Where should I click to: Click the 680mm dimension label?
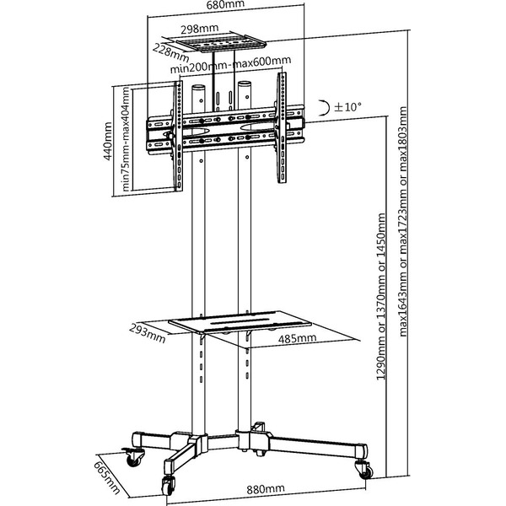[x=225, y=5]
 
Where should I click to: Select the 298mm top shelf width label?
[x=199, y=29]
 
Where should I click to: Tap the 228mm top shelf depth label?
[x=170, y=52]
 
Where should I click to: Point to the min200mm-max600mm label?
[x=230, y=65]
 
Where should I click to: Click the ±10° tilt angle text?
[x=347, y=106]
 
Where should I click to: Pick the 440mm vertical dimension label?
[x=108, y=141]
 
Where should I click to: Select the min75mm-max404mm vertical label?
[x=126, y=139]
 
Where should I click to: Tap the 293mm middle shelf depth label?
[x=147, y=333]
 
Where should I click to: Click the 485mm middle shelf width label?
[x=297, y=338]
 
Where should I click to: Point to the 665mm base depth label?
[x=107, y=478]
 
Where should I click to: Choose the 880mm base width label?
[x=266, y=489]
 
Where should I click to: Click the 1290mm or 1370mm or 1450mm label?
[x=381, y=296]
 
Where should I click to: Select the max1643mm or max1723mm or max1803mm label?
[x=403, y=222]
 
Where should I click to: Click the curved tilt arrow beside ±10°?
[x=324, y=107]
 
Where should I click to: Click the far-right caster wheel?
[x=365, y=470]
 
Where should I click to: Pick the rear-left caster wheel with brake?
[x=132, y=456]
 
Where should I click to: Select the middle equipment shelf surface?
[x=240, y=321]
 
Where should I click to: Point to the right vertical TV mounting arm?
[x=282, y=128]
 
